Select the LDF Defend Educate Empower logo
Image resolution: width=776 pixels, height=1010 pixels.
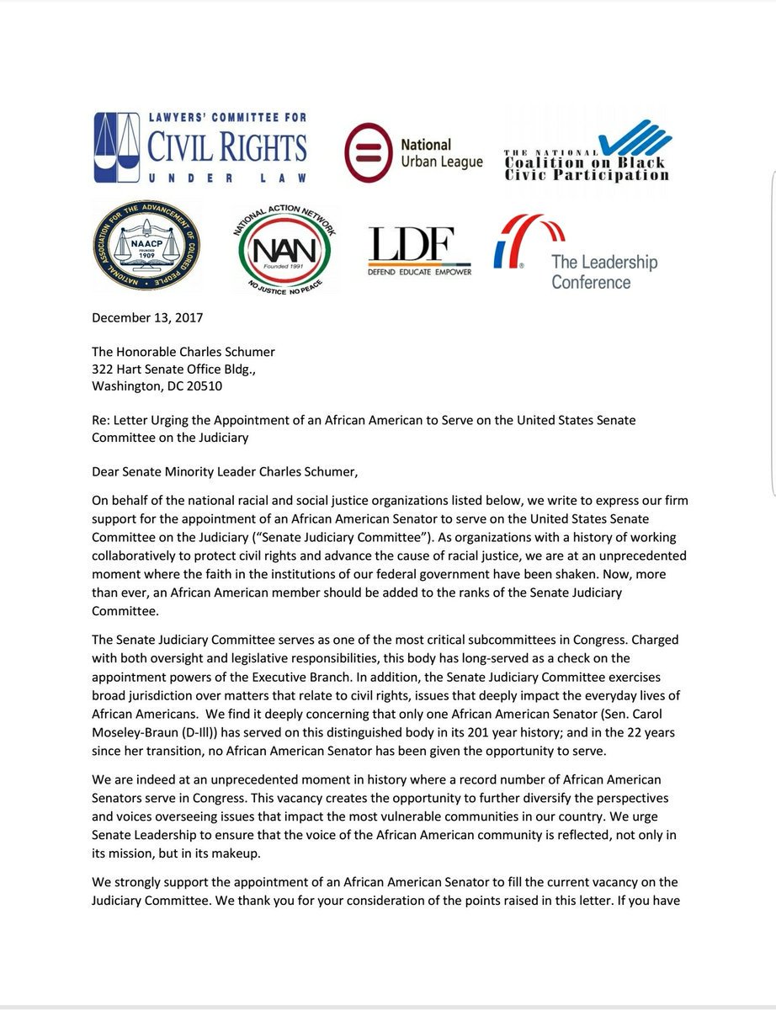coord(419,250)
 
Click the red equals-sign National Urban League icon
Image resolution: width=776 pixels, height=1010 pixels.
coord(366,152)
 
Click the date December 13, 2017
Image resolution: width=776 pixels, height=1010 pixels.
coord(147,318)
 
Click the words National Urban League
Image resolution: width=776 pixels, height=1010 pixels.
coord(441,152)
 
